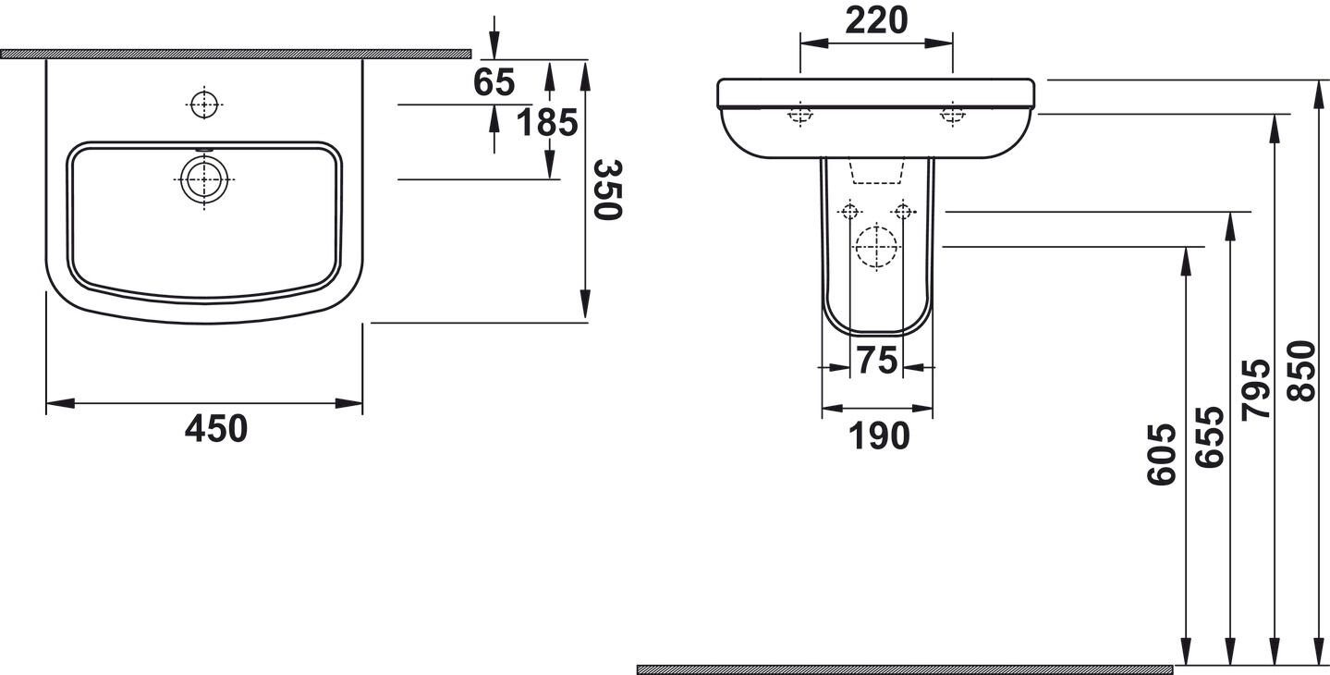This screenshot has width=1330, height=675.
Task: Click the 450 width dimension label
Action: [216, 429]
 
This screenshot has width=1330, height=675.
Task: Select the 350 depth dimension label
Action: [607, 190]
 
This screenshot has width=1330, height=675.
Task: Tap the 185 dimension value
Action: [546, 122]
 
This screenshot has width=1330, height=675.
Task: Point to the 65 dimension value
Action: [494, 83]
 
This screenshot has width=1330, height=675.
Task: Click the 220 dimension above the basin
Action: [875, 20]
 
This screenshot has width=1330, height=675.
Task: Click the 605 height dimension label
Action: [1162, 454]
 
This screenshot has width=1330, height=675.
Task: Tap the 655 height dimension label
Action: [1208, 436]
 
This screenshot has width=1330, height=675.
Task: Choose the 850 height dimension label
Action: [1300, 371]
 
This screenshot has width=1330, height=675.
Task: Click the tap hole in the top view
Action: [204, 104]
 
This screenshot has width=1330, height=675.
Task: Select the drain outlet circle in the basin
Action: [203, 179]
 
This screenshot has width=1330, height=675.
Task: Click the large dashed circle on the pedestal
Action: [875, 247]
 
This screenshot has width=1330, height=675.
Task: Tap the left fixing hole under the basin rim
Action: [799, 115]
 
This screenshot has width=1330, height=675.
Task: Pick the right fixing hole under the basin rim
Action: [951, 115]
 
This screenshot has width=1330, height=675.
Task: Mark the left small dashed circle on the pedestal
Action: [851, 212]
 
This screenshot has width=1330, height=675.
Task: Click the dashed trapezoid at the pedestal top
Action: [875, 171]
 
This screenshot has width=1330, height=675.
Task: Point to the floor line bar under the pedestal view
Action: [904, 669]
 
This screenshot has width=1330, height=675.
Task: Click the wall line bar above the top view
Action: [236, 54]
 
